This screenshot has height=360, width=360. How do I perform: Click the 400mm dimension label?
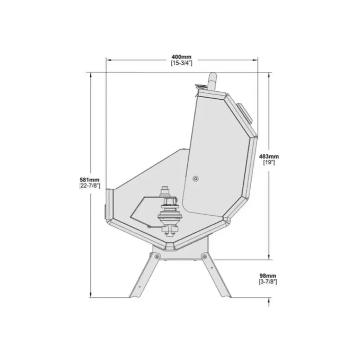[x=181, y=57]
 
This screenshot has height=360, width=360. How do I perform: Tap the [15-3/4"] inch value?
[x=181, y=63]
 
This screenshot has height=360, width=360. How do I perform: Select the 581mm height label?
[x=90, y=180]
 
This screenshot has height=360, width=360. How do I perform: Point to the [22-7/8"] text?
[x=90, y=186]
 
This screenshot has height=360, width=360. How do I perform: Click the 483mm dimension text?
[x=269, y=157]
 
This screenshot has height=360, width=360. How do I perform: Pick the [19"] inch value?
[x=269, y=162]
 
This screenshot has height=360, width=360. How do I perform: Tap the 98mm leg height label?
[x=268, y=276]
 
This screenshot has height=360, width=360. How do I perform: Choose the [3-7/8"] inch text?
[x=268, y=282]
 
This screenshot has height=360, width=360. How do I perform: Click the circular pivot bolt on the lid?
[x=196, y=179]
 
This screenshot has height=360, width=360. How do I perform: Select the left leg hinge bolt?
[x=157, y=256]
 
